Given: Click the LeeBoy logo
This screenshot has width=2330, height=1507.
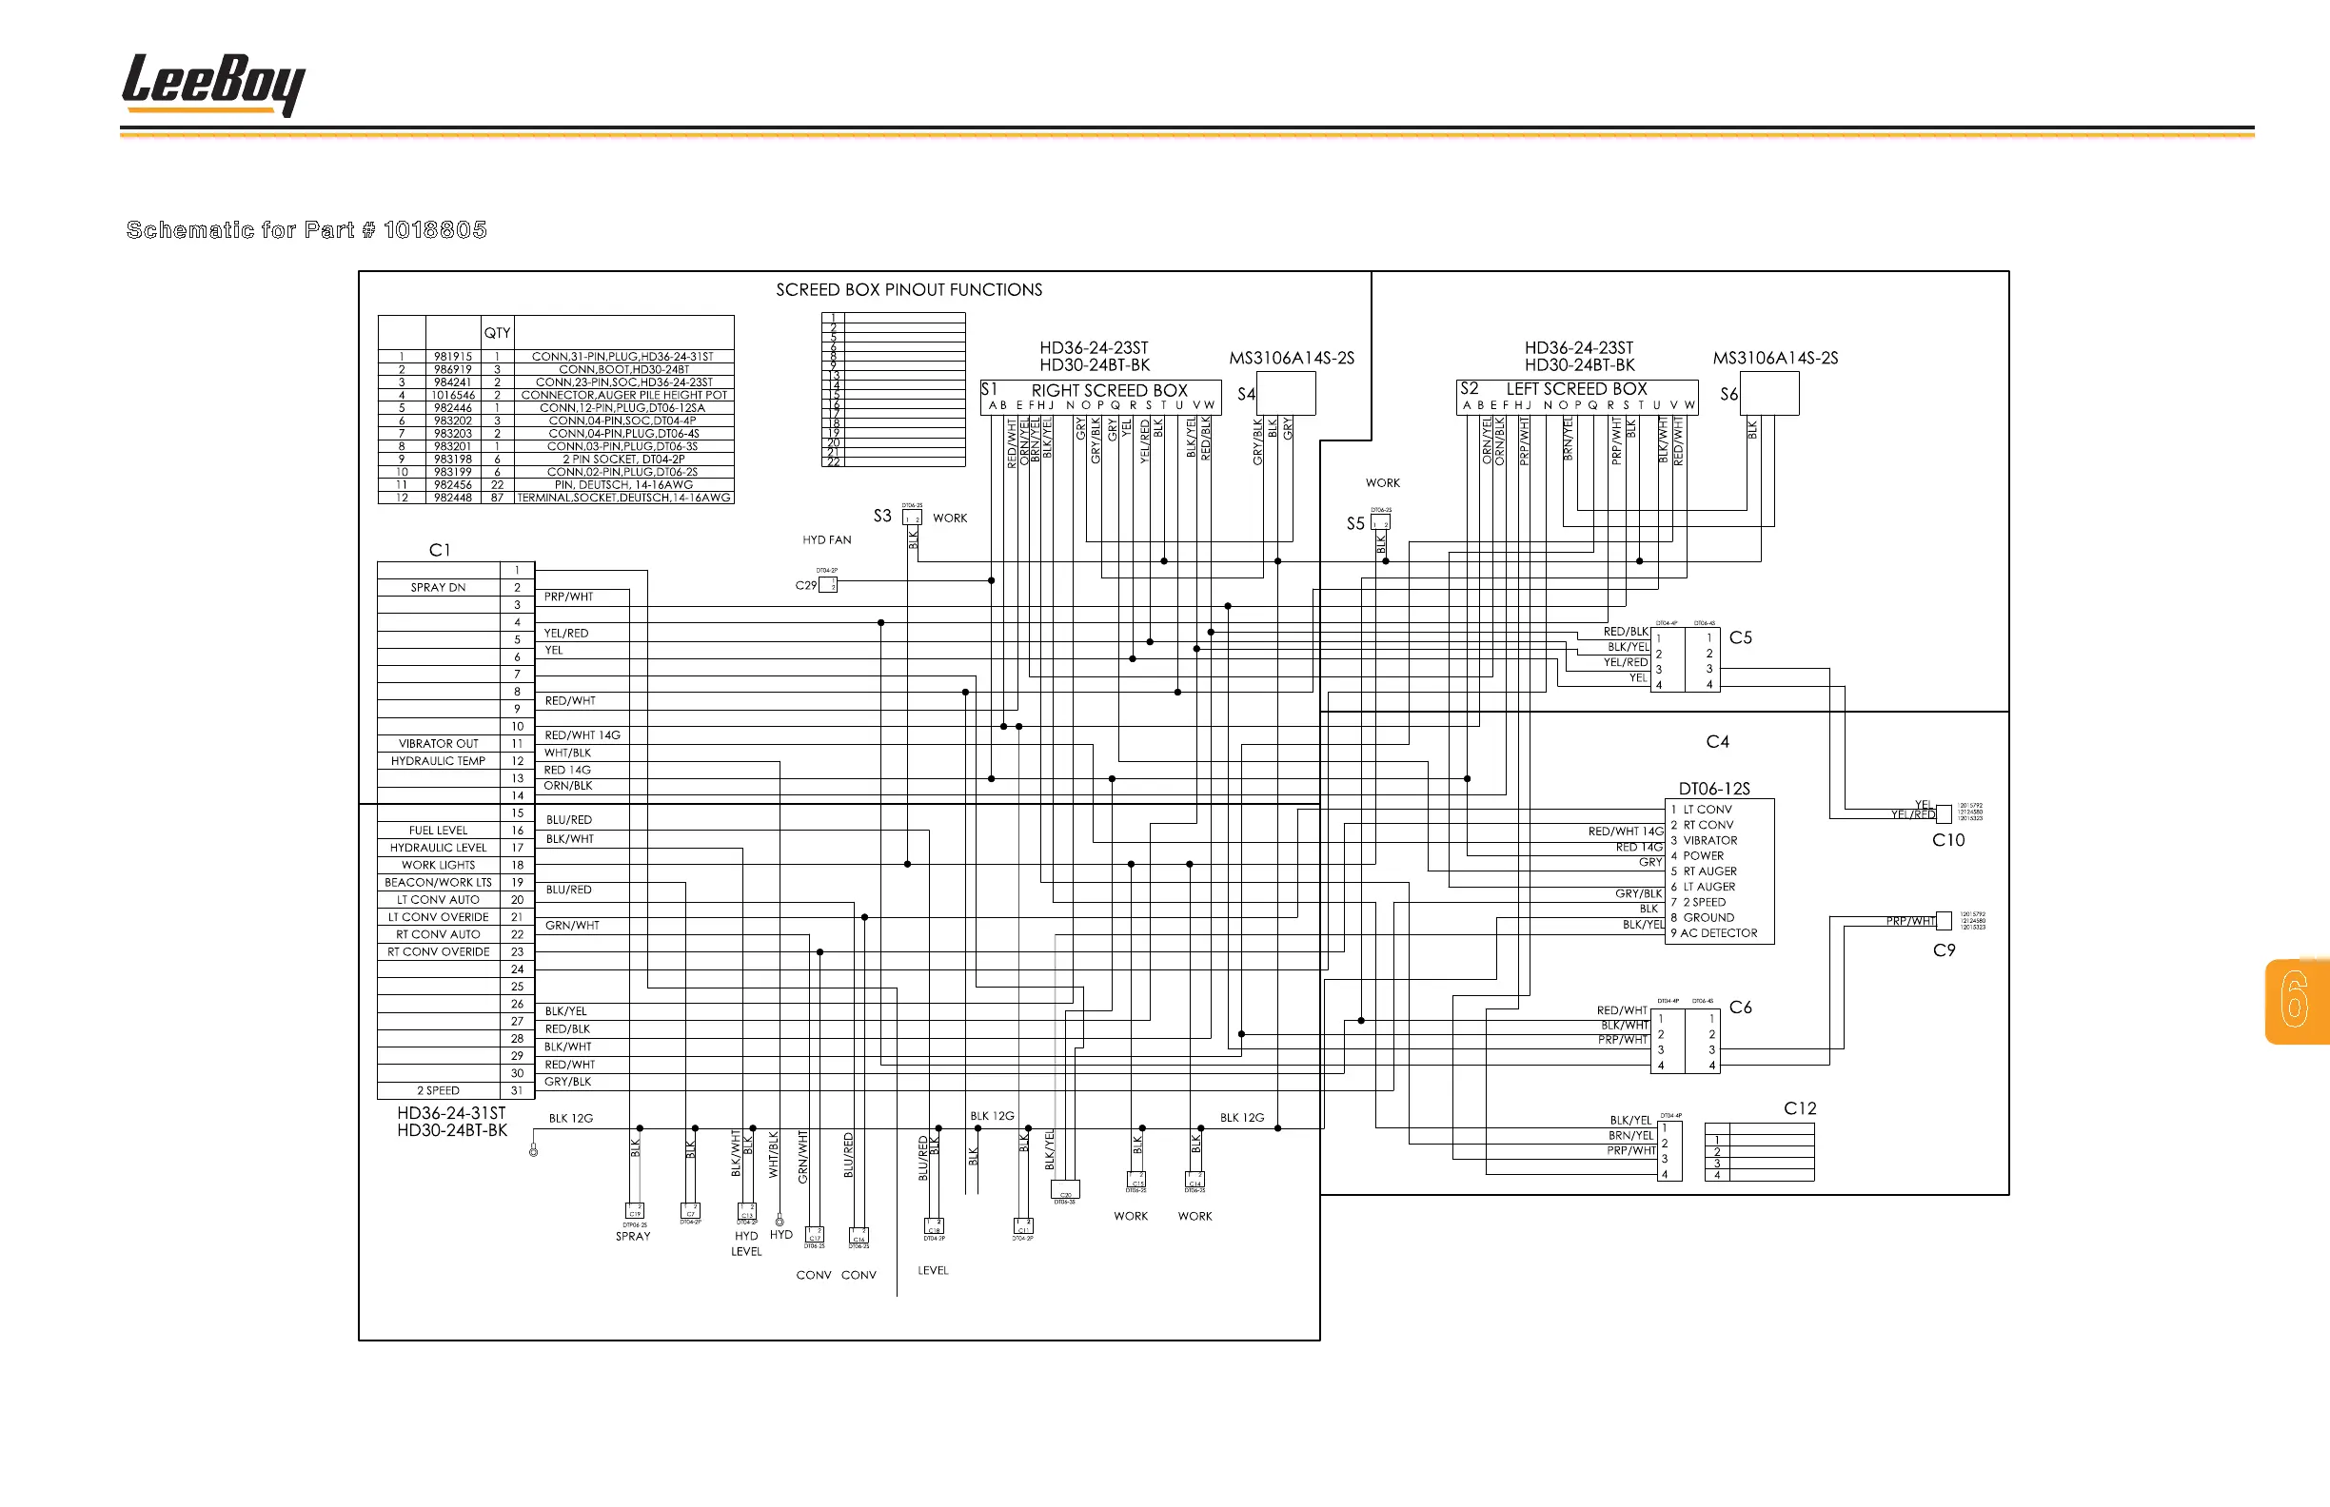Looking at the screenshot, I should (x=213, y=84).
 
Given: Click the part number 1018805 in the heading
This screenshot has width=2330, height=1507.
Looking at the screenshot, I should (x=435, y=230).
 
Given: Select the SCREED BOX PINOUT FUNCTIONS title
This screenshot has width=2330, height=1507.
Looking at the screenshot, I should (x=909, y=289).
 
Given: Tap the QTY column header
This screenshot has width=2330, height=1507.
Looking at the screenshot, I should (x=498, y=333).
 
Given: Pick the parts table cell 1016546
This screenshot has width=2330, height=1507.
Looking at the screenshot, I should (x=452, y=396).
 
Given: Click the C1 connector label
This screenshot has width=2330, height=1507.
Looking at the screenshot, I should (x=440, y=550).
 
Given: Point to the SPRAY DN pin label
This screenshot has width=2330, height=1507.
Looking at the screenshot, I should (x=438, y=587).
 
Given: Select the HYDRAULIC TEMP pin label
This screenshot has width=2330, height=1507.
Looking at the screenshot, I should (x=438, y=761).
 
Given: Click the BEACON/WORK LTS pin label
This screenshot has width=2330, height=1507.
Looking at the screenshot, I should (x=438, y=883).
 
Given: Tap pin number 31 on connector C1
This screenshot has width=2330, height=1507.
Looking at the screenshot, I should (x=517, y=1090).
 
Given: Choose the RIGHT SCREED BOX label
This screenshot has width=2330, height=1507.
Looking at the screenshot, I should (x=1109, y=389).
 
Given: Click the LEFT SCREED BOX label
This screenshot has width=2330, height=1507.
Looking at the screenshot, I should (x=1576, y=388).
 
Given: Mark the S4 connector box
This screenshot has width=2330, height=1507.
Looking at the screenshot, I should (x=1286, y=393).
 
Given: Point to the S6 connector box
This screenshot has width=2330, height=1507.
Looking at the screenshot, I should (x=1769, y=393).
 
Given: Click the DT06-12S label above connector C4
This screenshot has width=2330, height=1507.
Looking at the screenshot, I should (x=1714, y=789).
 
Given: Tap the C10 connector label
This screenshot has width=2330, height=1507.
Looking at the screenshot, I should (x=1947, y=840).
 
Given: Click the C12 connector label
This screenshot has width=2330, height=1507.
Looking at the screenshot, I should (x=1800, y=1108).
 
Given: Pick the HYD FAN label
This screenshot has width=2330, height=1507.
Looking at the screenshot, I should (x=826, y=540).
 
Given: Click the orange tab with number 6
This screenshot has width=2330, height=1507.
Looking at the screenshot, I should (x=2296, y=1001).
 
